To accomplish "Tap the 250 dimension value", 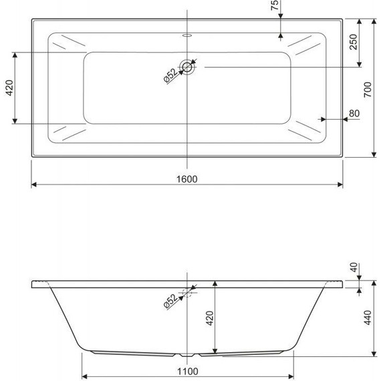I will [354, 43].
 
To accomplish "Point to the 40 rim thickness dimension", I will [354, 267].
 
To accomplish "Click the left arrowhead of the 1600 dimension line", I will [33, 184].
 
